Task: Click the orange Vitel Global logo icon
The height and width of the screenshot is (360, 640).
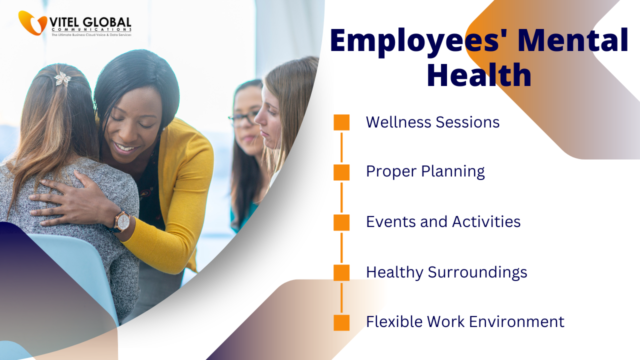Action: [x=32, y=23]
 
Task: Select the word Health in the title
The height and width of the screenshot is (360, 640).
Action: [x=479, y=75]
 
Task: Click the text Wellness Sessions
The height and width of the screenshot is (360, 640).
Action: [x=432, y=122]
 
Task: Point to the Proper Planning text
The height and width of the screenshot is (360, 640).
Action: [x=425, y=171]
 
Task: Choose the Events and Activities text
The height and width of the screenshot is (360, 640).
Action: [x=443, y=221]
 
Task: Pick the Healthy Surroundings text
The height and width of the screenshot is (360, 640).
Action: [x=446, y=272]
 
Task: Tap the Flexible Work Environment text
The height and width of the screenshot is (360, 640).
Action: [x=465, y=321]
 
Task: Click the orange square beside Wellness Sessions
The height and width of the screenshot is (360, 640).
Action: [x=341, y=122]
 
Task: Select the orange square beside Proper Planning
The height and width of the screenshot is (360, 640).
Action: [x=341, y=172]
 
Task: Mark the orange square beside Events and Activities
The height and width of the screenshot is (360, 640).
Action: [x=341, y=222]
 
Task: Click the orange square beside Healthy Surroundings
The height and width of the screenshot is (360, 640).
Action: [x=341, y=272]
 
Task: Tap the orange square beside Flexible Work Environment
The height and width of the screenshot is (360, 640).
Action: [x=341, y=323]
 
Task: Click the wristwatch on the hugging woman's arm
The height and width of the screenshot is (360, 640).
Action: [x=121, y=221]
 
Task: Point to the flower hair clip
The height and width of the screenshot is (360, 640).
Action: [x=63, y=78]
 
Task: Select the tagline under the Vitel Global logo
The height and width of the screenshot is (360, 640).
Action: [x=91, y=35]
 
